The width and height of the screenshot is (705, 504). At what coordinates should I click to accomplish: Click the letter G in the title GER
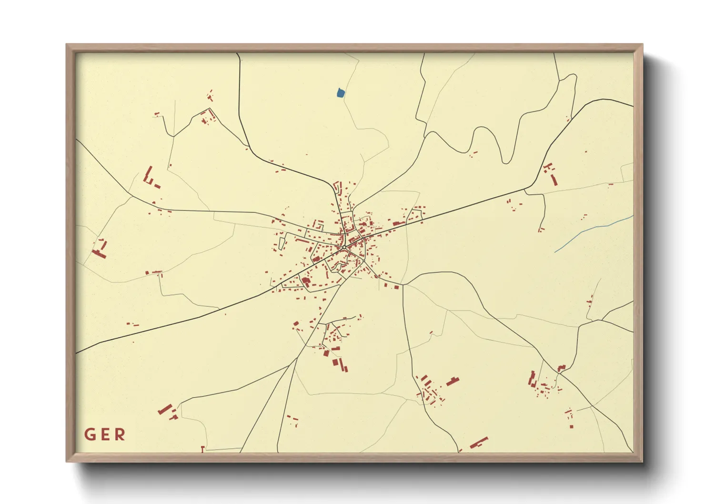90,434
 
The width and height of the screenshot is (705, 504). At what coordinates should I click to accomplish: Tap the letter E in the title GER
105,434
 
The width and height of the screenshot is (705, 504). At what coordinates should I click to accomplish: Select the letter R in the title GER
120,434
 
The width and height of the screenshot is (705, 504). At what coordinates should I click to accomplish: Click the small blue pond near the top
340,93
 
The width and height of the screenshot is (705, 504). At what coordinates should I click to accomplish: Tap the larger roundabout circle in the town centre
344,247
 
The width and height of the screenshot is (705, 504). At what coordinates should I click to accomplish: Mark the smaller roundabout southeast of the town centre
363,261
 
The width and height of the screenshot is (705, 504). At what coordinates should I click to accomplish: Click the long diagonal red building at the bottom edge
479,443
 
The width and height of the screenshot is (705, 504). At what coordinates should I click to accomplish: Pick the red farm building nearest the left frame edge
100,252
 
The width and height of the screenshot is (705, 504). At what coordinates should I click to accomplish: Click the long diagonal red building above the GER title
165,409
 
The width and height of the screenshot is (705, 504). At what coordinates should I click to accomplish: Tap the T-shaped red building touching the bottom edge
202,448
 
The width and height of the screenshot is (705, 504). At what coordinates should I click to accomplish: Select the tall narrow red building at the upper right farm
554,180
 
